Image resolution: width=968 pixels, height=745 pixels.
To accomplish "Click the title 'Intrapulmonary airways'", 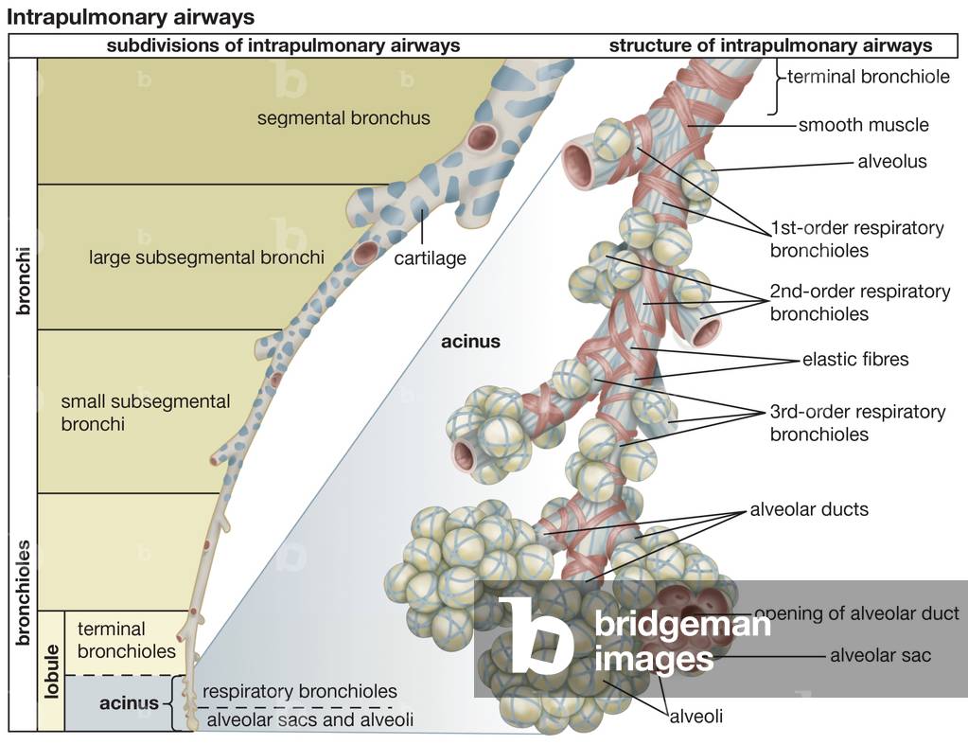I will tap(131, 17).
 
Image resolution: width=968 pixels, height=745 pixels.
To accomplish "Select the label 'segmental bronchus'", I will tap(343, 118).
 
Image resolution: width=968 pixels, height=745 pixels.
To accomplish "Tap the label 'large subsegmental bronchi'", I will tap(206, 257).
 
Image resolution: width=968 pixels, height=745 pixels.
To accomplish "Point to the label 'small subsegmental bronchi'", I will tap(145, 413).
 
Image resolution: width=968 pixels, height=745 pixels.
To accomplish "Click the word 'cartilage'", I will tap(430, 257).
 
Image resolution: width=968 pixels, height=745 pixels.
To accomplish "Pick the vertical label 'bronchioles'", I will tap(23, 594).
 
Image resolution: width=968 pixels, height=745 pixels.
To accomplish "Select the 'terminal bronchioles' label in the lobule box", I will tap(126, 640).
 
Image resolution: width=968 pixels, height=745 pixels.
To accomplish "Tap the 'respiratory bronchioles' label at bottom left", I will tap(299, 691).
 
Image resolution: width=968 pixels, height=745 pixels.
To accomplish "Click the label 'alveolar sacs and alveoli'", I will tap(310, 720).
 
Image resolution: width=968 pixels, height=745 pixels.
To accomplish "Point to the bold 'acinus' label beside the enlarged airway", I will tap(470, 341).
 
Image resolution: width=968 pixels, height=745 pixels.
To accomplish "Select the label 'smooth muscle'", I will tap(863, 124).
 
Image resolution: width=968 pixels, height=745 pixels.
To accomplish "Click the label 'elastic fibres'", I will tap(854, 359).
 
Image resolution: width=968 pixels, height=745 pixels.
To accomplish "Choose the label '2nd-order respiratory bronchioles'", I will tap(859, 302).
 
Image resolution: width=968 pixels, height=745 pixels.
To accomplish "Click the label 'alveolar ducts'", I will tap(808, 509).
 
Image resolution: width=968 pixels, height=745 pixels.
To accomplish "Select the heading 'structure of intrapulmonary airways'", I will tap(770, 45).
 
